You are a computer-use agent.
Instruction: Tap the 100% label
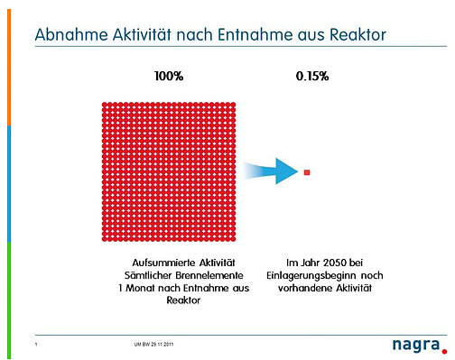169,76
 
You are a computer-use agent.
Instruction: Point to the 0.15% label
312,76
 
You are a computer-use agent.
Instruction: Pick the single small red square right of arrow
308,171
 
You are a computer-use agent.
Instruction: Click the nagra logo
411,344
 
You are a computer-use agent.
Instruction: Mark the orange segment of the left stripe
9,72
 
